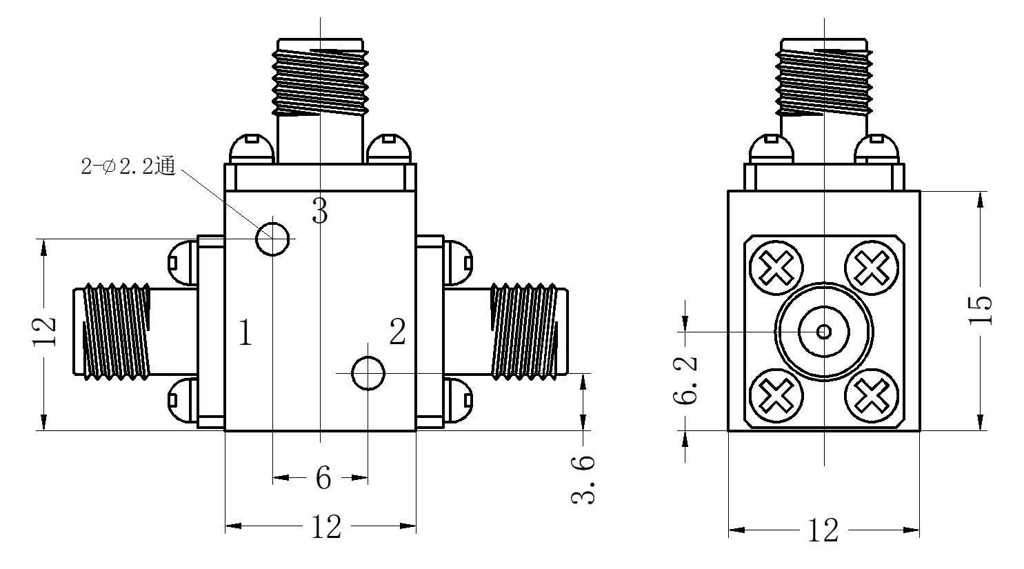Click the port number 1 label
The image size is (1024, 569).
tap(245, 332)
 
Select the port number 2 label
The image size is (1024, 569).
tap(397, 332)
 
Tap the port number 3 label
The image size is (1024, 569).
tap(320, 210)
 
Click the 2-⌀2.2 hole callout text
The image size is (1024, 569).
tap(128, 166)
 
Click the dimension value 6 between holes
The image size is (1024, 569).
tap(323, 478)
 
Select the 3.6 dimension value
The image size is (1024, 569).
tap(583, 479)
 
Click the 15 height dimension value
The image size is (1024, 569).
tap(981, 310)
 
